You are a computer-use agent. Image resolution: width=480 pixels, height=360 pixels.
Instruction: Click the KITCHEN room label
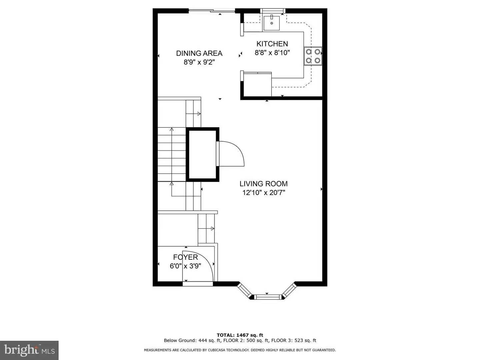[272, 44]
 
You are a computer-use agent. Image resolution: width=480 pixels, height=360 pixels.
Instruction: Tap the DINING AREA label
[199, 53]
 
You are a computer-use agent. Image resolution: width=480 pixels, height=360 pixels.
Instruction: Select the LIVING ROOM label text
[263, 184]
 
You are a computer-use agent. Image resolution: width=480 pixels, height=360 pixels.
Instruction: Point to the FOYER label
[185, 257]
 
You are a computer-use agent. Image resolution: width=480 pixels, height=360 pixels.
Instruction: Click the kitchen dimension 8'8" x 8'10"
[272, 53]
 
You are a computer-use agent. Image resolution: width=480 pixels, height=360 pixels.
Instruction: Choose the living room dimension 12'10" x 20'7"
[263, 193]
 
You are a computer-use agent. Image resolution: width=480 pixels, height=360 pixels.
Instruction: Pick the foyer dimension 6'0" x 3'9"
[185, 266]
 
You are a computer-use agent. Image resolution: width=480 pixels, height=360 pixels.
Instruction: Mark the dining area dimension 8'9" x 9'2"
[199, 62]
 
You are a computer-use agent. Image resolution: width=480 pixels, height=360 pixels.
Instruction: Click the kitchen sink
[272, 22]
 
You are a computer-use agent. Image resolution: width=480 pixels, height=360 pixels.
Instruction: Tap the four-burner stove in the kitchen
[313, 56]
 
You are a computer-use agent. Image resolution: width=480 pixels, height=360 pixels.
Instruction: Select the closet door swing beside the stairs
[232, 153]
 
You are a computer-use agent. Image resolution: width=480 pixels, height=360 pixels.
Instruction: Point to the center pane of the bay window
[267, 296]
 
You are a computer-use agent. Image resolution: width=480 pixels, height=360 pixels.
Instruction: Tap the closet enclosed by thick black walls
[202, 154]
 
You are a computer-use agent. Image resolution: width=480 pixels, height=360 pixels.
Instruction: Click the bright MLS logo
[29, 350]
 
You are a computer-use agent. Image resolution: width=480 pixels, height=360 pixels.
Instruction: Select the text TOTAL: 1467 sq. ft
[240, 335]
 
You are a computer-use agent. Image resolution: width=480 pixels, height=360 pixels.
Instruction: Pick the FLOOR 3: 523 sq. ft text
[294, 341]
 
